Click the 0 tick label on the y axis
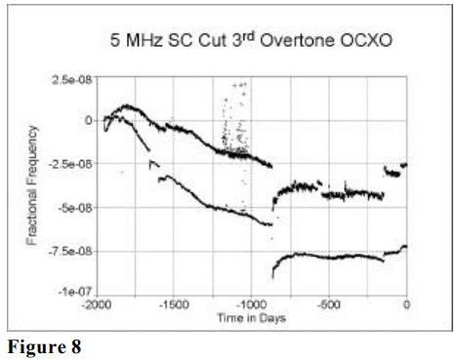pyautogui.click(x=88, y=120)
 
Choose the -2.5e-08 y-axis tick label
pyautogui.click(x=70, y=164)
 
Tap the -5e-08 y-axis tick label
pyautogui.click(x=74, y=207)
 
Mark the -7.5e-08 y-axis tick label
pyautogui.click(x=70, y=251)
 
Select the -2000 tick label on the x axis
pyautogui.click(x=95, y=304)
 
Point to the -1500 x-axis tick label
pyautogui.click(x=173, y=304)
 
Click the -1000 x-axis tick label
pyautogui.click(x=251, y=304)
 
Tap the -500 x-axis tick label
pyautogui.click(x=329, y=304)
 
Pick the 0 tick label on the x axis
pyautogui.click(x=406, y=304)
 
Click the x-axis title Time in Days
pyautogui.click(x=251, y=316)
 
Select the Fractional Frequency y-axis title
pyautogui.click(x=35, y=185)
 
